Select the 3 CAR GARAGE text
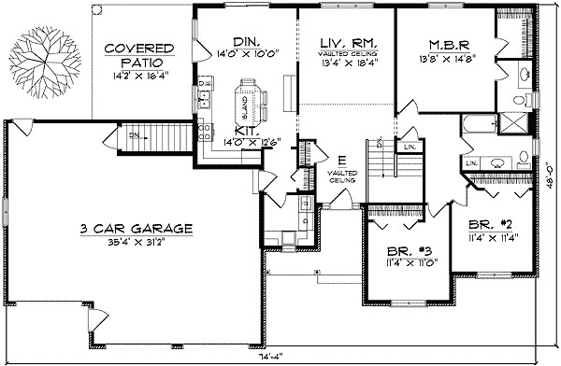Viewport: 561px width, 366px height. point(136,228)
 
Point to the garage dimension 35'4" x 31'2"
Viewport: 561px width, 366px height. point(136,244)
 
